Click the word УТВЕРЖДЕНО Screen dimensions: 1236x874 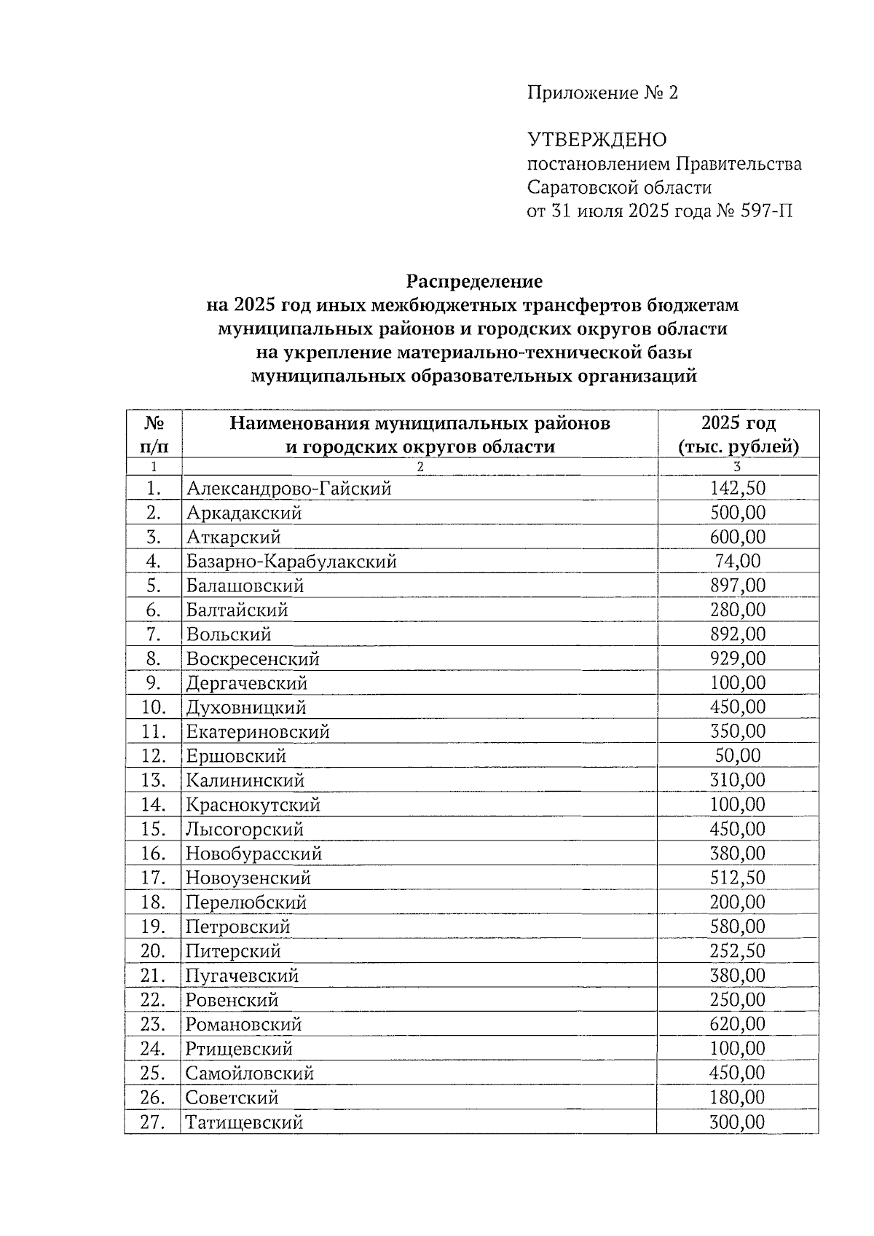pos(597,140)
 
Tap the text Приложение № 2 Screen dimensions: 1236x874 pos(602,93)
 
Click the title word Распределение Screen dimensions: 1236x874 pos(474,281)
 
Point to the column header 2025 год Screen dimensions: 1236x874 pos(738,423)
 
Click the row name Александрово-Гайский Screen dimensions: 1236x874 pos(288,489)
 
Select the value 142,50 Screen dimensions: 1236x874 pos(738,488)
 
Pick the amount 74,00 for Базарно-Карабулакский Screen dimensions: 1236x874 pos(738,561)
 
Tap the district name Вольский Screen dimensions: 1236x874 pos(229,634)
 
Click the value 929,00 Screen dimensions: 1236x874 pos(738,658)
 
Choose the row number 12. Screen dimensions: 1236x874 pos(154,756)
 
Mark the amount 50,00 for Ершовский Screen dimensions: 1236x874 pos(738,755)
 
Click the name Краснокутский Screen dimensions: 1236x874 pos(253,805)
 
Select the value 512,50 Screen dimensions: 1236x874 pos(738,878)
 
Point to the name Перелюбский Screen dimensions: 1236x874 pos(245,902)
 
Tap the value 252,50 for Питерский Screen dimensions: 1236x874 pos(738,950)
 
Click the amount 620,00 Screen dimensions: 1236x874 pos(738,1024)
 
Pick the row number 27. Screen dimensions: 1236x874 pos(153,1122)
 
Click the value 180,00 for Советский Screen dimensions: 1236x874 pos(738,1097)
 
